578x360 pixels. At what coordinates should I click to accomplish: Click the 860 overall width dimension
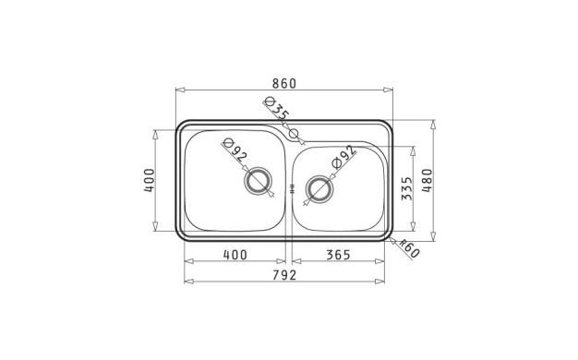[283, 84]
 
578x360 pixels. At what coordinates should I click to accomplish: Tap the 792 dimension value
[284, 275]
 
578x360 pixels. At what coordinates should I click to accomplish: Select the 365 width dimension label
[338, 255]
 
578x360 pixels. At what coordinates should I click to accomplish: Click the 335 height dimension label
[406, 188]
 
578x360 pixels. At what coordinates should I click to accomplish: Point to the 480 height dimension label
[427, 181]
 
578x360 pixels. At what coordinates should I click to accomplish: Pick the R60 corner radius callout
[409, 248]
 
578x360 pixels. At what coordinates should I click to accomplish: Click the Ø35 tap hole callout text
[276, 108]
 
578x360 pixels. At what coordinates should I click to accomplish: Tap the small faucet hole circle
[294, 134]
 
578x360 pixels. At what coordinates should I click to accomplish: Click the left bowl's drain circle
[258, 181]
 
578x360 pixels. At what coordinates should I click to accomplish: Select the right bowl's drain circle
[319, 189]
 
